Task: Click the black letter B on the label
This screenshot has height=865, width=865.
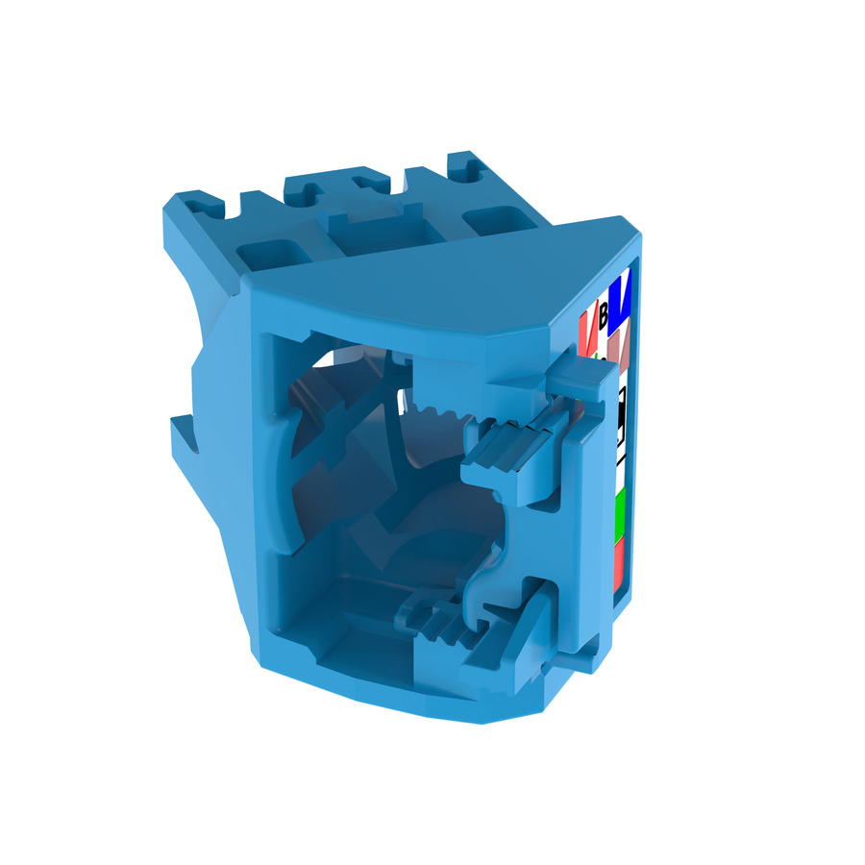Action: (604, 316)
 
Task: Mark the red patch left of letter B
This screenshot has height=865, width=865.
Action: (586, 326)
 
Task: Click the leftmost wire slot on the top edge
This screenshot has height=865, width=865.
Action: (203, 204)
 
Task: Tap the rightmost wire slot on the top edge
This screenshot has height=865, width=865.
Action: (471, 171)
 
